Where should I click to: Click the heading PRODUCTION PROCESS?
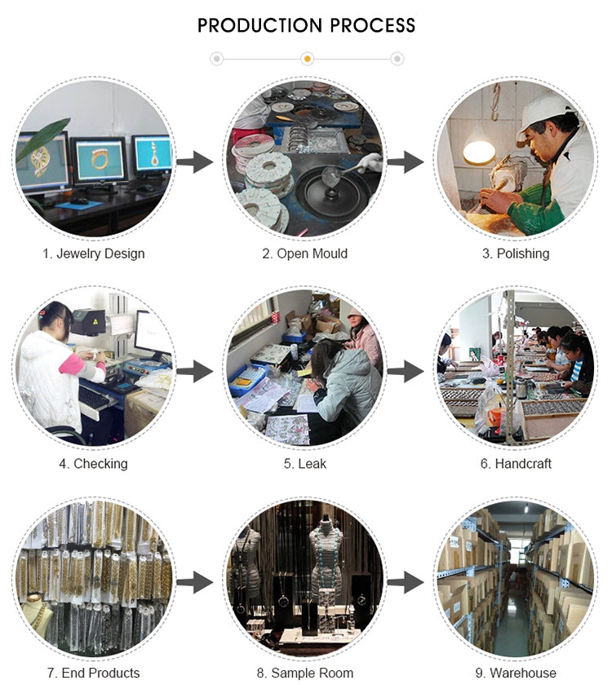306,25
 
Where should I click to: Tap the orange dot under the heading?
307,59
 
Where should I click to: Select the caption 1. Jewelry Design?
94,254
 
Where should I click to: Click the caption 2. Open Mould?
305,254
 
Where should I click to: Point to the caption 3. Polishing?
516,254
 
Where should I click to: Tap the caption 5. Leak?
305,464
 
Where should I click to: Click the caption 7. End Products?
94,673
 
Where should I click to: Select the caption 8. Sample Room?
305,673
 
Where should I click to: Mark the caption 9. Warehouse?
516,673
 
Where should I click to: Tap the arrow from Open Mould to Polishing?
406,162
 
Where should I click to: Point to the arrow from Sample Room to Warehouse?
406,583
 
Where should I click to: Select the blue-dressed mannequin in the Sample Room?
326,563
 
